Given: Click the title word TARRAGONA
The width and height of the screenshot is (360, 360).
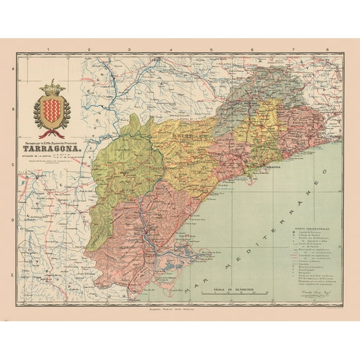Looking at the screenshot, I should click(x=52, y=151).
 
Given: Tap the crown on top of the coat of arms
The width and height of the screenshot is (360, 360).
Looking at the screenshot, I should click(x=52, y=85).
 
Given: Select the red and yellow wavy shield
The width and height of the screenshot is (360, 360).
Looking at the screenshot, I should click(x=52, y=109).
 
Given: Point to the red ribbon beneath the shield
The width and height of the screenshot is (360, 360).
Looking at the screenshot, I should click(x=52, y=132).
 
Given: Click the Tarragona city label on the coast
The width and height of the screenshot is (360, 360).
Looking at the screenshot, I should click(x=273, y=168).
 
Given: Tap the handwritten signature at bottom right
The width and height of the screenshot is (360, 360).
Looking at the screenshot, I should click(x=319, y=292).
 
